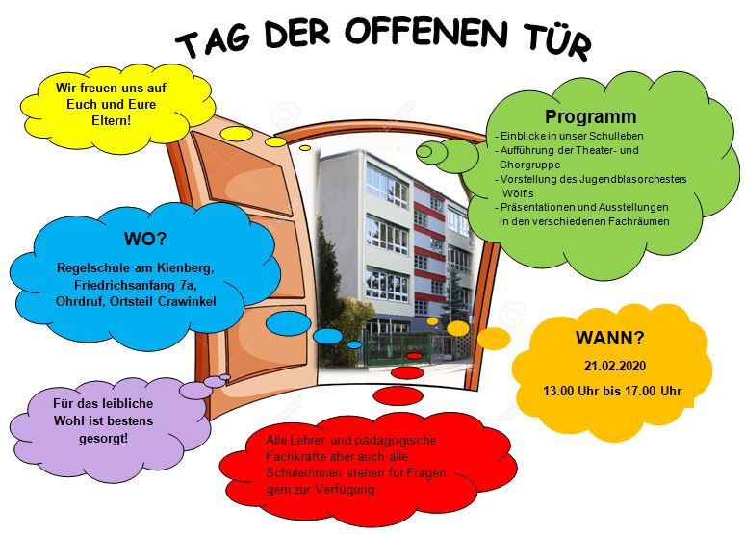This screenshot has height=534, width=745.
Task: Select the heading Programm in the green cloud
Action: point(591,116)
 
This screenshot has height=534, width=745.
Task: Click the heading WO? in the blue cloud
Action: point(145,239)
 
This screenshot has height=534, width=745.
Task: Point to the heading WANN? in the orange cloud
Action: point(610,338)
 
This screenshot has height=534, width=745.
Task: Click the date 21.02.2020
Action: point(615,366)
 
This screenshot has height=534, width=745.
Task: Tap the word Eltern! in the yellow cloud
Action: point(112,120)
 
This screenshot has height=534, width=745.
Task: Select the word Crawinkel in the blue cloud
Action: point(187,302)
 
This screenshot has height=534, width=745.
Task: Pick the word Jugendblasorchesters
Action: point(633,180)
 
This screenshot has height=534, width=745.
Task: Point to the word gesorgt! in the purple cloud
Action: point(104,438)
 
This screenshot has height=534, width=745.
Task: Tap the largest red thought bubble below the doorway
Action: point(398,395)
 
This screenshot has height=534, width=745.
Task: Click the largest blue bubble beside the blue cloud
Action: point(289,323)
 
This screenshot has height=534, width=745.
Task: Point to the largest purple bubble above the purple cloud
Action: point(195,390)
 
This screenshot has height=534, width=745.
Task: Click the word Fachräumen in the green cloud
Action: point(639,221)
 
